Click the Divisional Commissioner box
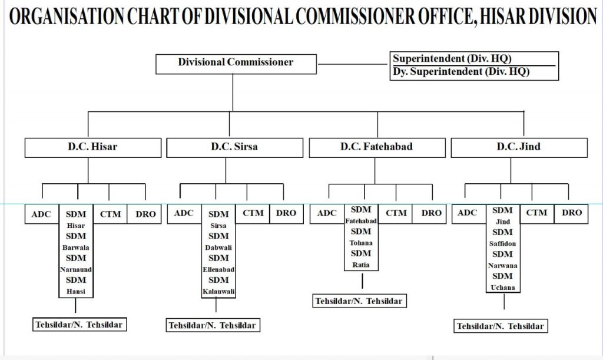tap(236, 62)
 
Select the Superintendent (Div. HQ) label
tap(452, 59)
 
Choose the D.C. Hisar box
tap(92, 147)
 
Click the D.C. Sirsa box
tap(234, 147)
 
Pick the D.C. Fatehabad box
tap(376, 147)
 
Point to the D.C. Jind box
tap(518, 147)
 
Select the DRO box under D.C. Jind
tap(571, 213)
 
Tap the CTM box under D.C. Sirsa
tap(253, 213)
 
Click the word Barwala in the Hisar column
tap(75, 247)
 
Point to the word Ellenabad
tap(218, 269)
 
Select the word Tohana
tap(361, 243)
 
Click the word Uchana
tap(503, 288)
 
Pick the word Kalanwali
tap(218, 292)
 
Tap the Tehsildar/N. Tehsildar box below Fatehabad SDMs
tap(359, 301)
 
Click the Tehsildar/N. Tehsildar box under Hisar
tap(79, 323)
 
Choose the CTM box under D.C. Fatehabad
tap(396, 213)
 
